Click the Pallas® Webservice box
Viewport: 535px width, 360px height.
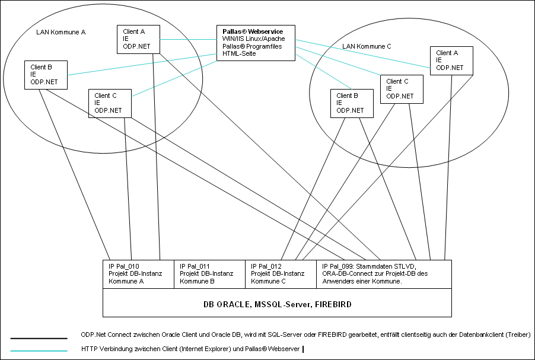coord(256,43)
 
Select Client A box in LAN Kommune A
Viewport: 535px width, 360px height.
coord(138,39)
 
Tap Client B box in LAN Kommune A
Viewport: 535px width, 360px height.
coord(46,75)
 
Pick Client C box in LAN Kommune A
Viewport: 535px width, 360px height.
coord(110,103)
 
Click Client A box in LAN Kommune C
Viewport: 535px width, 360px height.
coord(451,60)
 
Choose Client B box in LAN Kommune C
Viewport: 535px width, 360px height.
coord(352,103)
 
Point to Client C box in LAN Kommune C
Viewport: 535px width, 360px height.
coord(402,89)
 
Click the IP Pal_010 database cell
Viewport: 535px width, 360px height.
coord(139,275)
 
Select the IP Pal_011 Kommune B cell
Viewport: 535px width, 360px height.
coord(210,275)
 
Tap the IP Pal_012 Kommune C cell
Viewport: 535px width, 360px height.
coord(281,275)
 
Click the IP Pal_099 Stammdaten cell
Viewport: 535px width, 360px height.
coord(384,275)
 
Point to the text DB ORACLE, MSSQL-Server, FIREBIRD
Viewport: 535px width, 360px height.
coord(278,304)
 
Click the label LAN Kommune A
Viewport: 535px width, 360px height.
coord(60,33)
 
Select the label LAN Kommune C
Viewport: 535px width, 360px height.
coord(367,46)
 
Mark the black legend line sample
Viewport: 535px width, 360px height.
coord(39,339)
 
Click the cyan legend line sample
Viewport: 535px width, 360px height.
coord(39,351)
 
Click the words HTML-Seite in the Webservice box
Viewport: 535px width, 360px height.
coord(239,53)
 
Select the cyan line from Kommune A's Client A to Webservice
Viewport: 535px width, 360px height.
coord(189,40)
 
